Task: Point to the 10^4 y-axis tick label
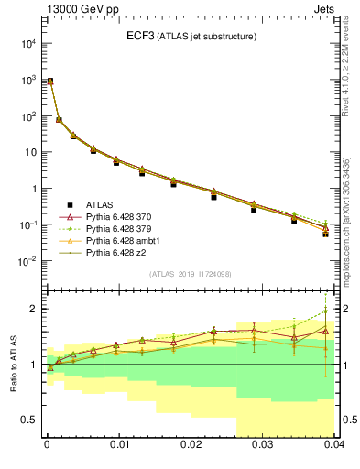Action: click(27, 44)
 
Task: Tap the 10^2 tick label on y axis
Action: click(27, 116)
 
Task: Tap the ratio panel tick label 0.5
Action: click(29, 420)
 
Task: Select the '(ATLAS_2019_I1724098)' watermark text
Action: click(190, 273)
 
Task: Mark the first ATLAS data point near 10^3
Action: click(49, 81)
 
